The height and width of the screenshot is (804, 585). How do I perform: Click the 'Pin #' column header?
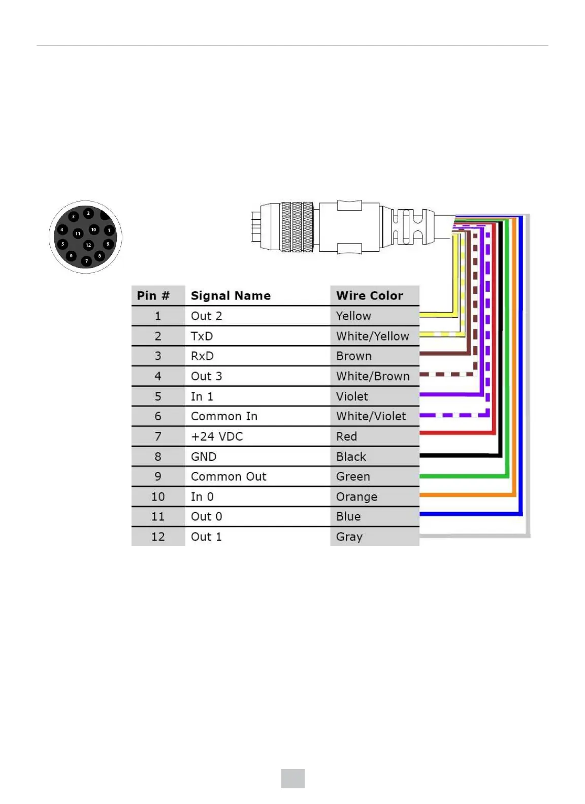point(153,295)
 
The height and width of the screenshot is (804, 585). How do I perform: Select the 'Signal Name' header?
point(231,295)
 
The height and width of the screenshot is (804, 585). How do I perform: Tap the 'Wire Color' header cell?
point(369,295)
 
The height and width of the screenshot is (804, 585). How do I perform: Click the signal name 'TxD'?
point(202,336)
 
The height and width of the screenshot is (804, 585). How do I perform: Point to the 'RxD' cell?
point(202,356)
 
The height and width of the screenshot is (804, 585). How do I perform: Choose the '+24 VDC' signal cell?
point(217,437)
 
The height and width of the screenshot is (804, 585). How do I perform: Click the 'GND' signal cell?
point(204,456)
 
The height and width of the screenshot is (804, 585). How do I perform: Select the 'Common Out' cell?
point(229,477)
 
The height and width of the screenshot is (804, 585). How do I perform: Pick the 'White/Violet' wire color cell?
point(371,416)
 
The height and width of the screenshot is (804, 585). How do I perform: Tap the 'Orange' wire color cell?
point(356,496)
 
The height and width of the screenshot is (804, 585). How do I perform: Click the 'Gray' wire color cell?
point(349,537)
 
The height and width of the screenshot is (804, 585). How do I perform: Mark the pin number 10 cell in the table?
point(158,496)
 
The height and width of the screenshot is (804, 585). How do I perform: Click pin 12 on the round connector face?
point(88,245)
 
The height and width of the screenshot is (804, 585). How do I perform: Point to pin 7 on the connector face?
point(86,261)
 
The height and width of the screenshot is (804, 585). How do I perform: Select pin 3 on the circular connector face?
point(74,216)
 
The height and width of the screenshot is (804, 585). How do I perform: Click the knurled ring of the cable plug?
point(297,227)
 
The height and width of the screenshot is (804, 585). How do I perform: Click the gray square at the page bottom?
point(293,778)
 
